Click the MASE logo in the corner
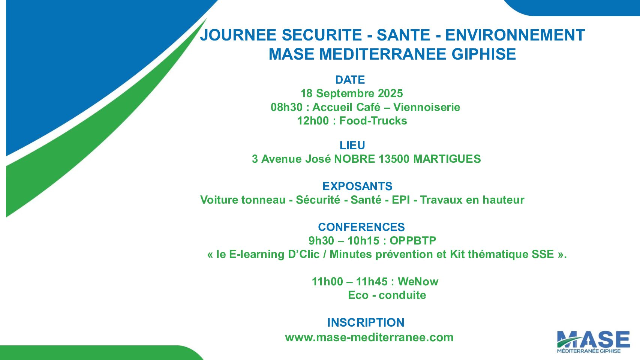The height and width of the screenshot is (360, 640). (593, 341)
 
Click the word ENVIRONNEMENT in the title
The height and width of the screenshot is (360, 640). (515, 35)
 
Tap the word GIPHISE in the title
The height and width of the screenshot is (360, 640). (484, 54)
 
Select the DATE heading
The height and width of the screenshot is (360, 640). (350, 80)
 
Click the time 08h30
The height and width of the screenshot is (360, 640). (286, 107)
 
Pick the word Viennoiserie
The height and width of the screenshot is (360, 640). (426, 107)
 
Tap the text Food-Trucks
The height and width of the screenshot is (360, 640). (373, 121)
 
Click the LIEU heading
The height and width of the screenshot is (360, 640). (352, 145)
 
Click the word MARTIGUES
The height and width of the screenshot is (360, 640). (447, 159)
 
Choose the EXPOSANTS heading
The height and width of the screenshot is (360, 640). (357, 186)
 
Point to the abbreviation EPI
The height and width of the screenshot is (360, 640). (401, 200)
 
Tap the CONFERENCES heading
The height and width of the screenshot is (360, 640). (361, 227)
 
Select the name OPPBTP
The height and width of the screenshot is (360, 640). (413, 241)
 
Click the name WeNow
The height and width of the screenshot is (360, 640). (418, 282)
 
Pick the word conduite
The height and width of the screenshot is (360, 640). (402, 295)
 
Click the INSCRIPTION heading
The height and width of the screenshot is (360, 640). (366, 322)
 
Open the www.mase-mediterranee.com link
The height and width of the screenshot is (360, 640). (369, 337)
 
